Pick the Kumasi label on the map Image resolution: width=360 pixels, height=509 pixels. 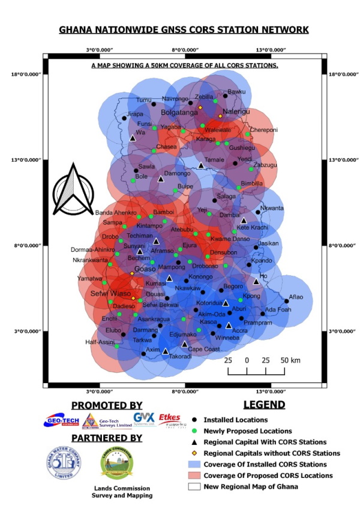155,282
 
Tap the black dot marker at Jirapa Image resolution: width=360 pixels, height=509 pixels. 125,118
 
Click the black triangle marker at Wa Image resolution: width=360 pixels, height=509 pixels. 133,138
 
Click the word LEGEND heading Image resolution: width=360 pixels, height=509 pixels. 264,405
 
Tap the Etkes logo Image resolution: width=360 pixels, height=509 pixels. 169,419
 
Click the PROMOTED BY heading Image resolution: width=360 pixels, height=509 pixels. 107,405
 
